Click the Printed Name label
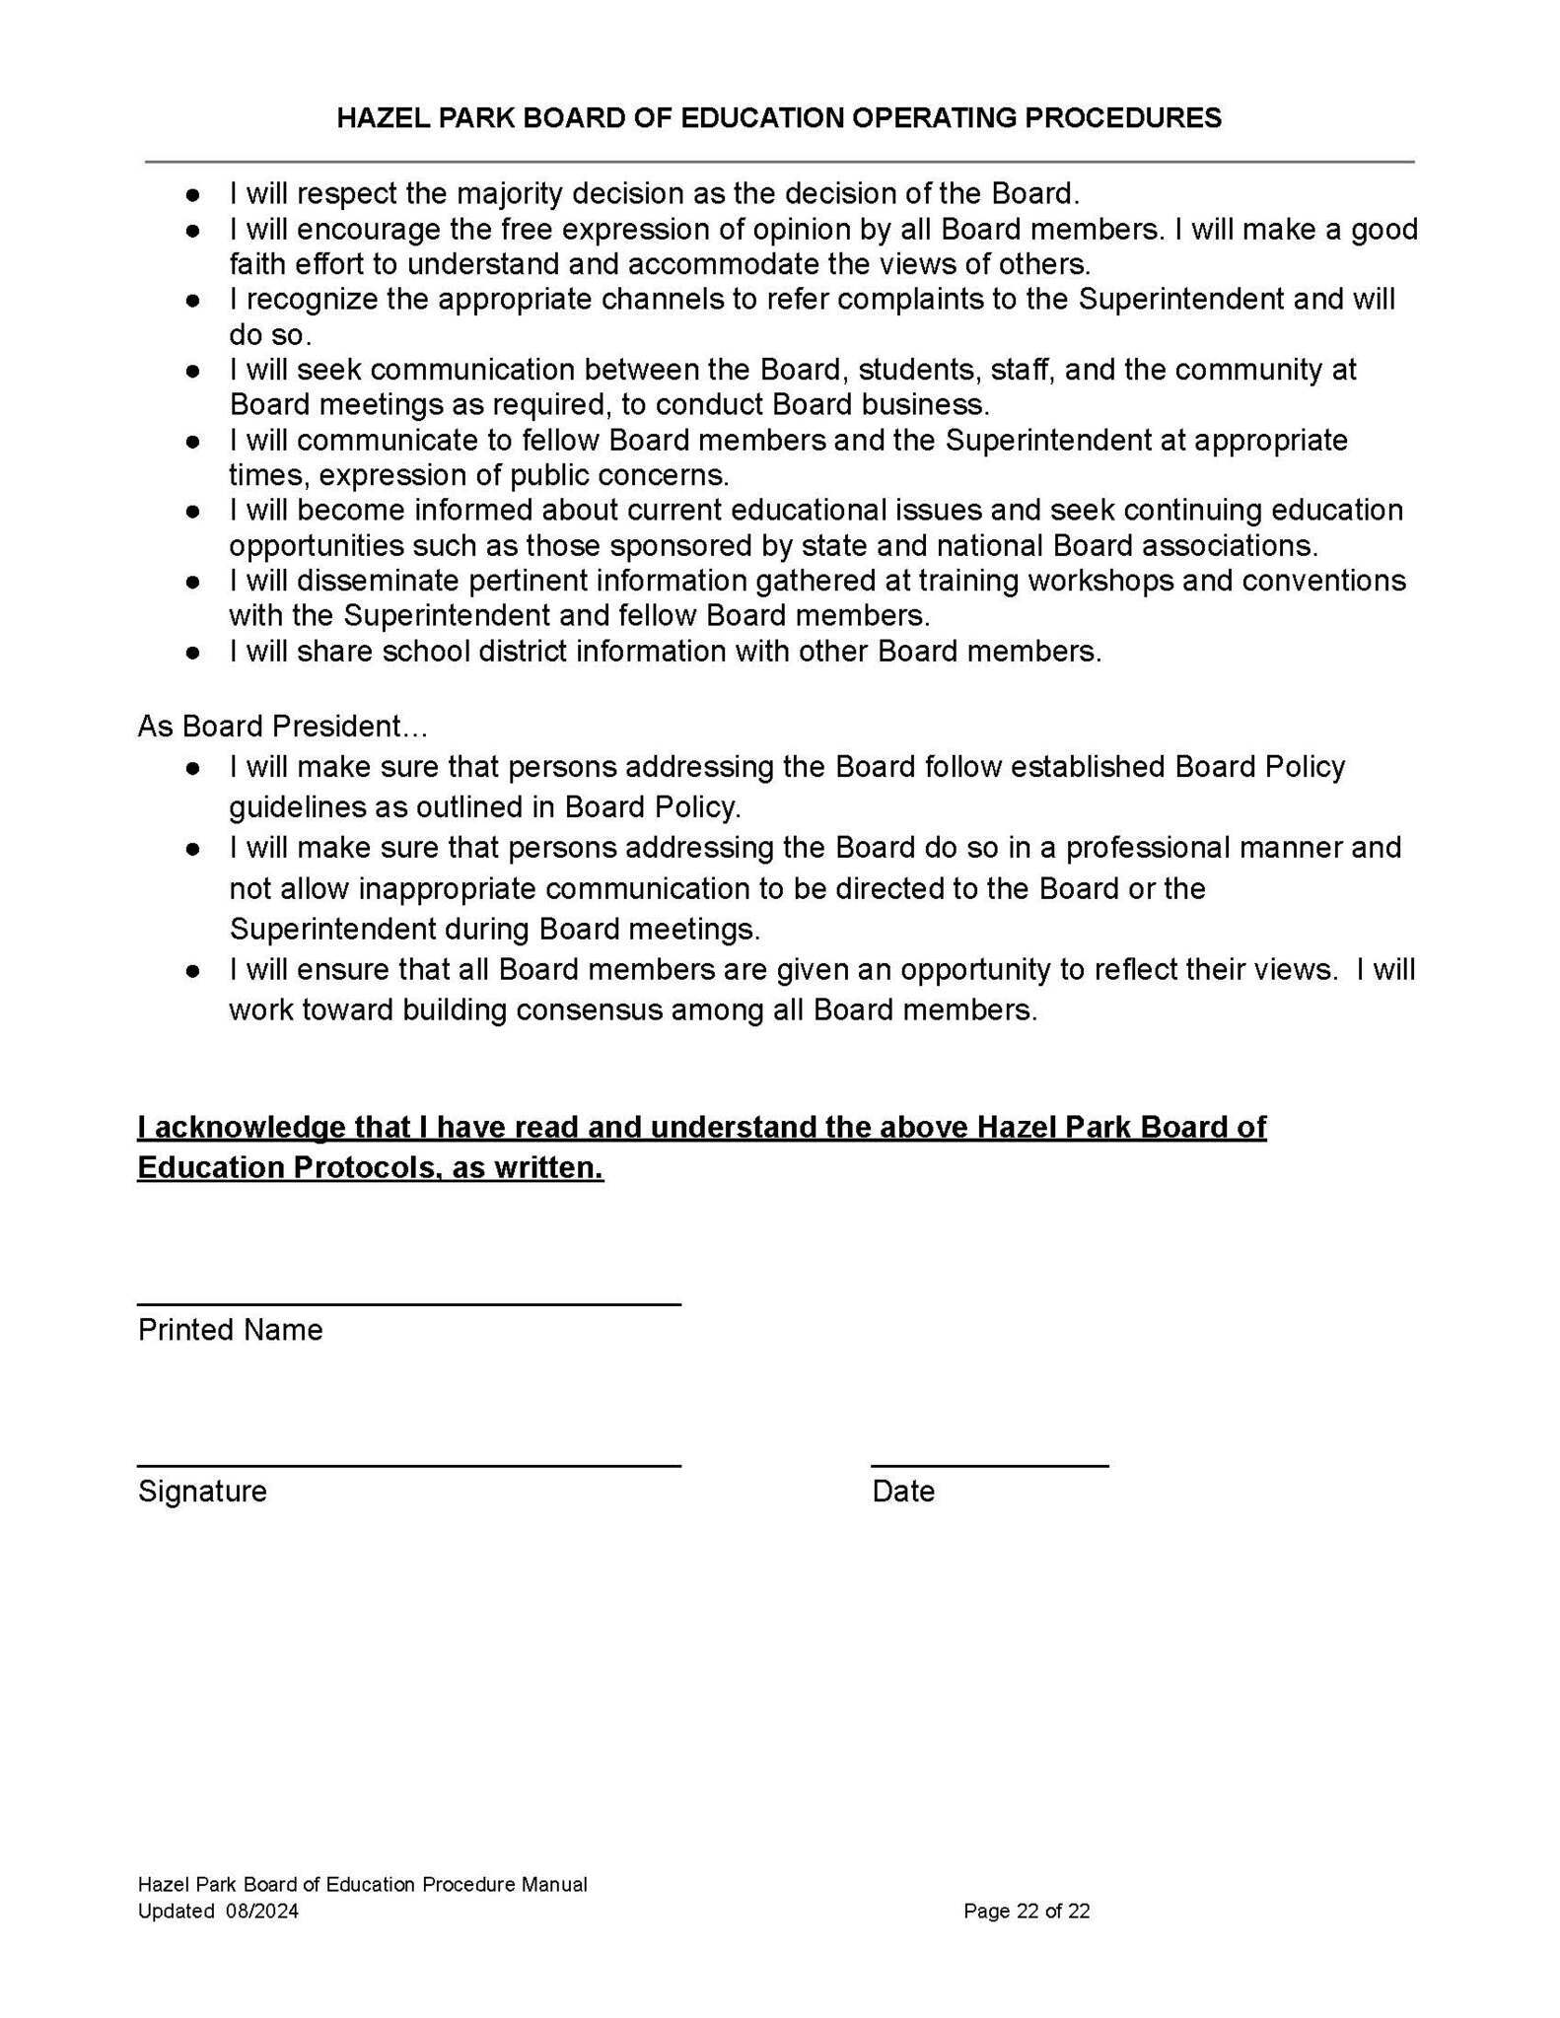(230, 1330)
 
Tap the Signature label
(202, 1491)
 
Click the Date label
(902, 1491)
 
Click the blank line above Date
(989, 1466)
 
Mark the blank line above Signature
(408, 1466)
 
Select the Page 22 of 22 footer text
(1027, 1912)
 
